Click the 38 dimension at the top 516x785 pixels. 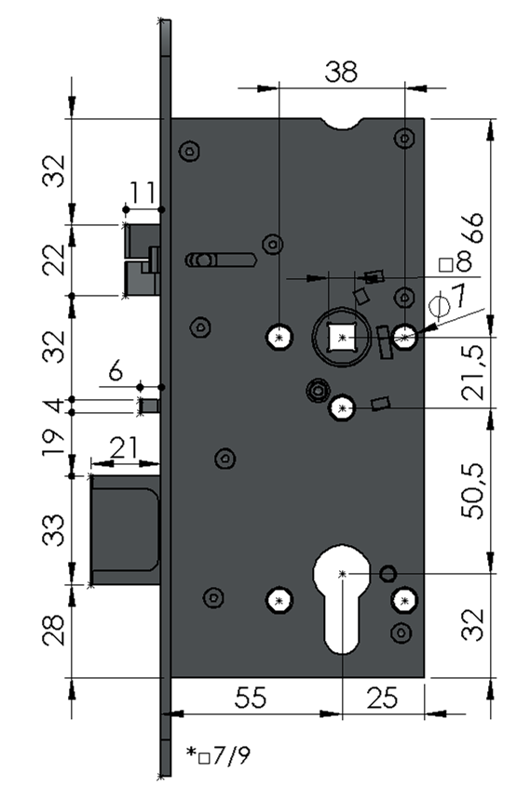[341, 72]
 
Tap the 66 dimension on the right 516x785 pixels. [472, 228]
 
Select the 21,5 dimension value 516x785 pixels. [474, 372]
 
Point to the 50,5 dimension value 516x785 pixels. [474, 491]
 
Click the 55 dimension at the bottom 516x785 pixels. [251, 698]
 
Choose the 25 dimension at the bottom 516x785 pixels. [383, 698]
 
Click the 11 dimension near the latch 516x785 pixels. [143, 192]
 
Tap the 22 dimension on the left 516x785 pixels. [54, 259]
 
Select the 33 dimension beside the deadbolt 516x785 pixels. [54, 529]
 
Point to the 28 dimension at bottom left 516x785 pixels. [54, 630]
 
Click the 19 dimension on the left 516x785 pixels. [54, 442]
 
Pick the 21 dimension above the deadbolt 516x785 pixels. [124, 447]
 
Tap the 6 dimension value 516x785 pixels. [115, 371]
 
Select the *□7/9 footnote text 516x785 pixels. [219, 755]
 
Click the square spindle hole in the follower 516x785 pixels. [343, 338]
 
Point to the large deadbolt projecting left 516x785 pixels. [126, 529]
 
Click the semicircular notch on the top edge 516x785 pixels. [343, 123]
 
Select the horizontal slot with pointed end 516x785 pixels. [221, 260]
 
